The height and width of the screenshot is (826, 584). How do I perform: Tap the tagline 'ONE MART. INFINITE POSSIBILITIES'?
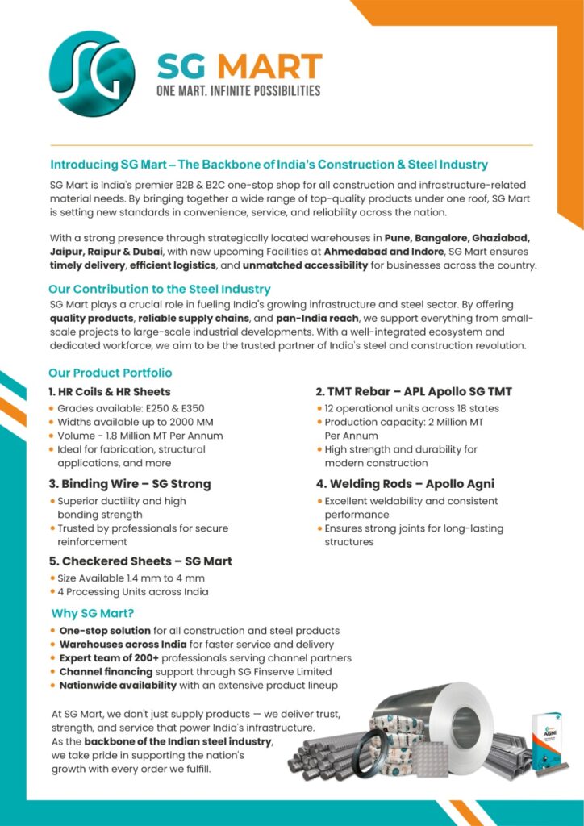[x=238, y=91]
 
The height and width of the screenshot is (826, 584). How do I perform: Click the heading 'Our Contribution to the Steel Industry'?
[x=160, y=289]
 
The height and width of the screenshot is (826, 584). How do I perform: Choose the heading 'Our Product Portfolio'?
[x=110, y=373]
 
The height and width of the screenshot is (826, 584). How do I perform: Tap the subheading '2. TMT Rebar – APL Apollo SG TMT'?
[x=413, y=392]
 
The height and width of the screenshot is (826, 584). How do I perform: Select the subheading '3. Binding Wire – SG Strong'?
[x=129, y=484]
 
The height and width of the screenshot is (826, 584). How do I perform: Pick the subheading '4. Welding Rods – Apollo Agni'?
[x=405, y=484]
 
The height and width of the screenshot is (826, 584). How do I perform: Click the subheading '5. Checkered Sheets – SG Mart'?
[x=140, y=561]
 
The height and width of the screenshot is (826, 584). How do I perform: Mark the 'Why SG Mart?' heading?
[x=92, y=612]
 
